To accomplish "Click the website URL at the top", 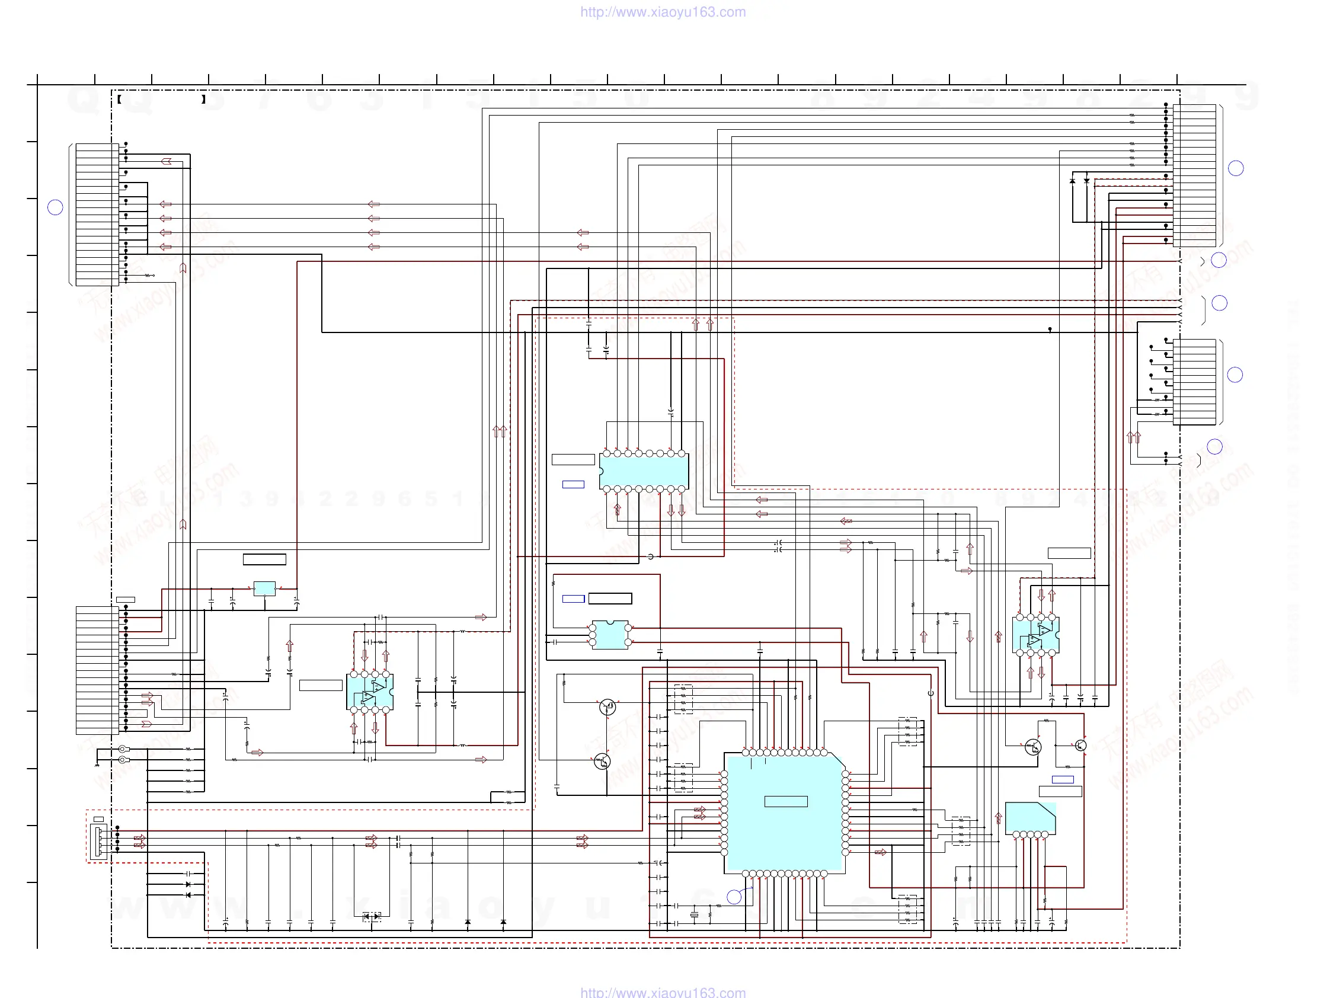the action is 663,12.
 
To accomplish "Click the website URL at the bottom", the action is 663,991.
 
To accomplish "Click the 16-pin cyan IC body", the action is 644,471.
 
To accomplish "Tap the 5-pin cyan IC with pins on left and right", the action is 610,635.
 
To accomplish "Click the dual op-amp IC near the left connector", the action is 370,692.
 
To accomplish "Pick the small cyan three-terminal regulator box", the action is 264,588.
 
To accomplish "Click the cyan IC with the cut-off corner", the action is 1030,817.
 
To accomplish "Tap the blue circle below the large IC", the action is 734,897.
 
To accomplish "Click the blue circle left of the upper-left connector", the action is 55,207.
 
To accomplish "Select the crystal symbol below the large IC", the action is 694,915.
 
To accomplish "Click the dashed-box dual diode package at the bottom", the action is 372,916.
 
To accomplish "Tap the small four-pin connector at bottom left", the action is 98,841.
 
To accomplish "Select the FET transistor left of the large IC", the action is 607,707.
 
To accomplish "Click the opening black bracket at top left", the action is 119,100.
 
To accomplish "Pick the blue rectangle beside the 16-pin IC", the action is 573,485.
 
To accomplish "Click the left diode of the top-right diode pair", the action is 1073,181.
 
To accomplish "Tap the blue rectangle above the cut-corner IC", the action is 1063,780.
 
